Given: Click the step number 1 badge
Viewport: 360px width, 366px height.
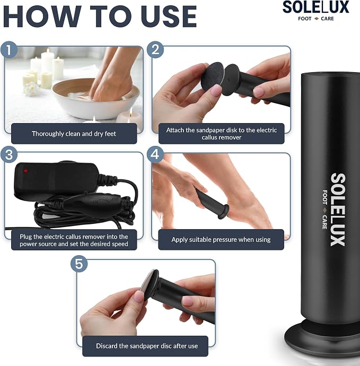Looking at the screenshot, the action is point(9,50).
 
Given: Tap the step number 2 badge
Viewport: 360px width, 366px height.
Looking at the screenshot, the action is point(155,50).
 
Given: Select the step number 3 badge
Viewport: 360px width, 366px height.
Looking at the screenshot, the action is point(9,154).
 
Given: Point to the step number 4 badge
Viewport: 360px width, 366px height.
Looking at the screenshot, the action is point(155,154).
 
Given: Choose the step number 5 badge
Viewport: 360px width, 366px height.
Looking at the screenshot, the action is point(79,264).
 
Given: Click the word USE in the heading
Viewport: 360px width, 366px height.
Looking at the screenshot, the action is point(169,16).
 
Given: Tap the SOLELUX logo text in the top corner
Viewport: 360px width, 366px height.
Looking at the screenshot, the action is point(315,7).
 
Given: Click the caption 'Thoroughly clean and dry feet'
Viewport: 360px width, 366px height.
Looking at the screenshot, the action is point(74,134).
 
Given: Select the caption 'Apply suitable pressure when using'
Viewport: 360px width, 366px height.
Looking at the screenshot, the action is point(221,240).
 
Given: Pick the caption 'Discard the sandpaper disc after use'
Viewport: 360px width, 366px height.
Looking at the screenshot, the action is point(147,346).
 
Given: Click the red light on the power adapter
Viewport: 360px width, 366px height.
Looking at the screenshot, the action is point(25,171).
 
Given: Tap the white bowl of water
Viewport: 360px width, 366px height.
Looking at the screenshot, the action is point(95,99).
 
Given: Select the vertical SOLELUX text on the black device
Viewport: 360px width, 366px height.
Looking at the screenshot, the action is point(338,210).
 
